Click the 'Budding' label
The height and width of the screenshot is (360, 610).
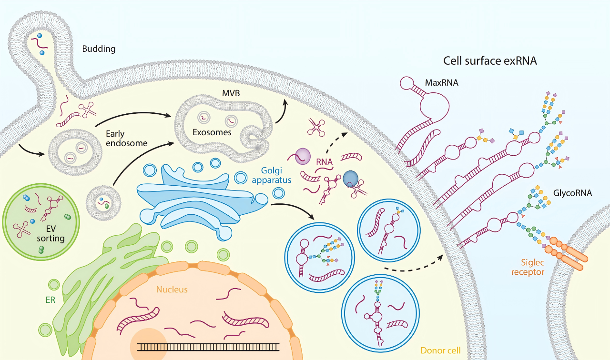tap(99, 49)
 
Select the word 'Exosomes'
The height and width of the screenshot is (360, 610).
tap(212, 132)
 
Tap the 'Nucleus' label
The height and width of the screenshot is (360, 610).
tap(172, 289)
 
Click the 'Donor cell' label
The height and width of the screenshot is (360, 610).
tap(440, 351)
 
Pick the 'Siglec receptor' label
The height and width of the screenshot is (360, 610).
tap(528, 267)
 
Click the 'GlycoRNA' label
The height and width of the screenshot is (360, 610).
tap(572, 193)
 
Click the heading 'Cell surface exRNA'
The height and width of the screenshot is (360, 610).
tap(490, 61)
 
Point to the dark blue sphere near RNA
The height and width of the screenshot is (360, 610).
tap(350, 179)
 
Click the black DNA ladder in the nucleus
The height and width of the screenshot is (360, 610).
tap(208, 346)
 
